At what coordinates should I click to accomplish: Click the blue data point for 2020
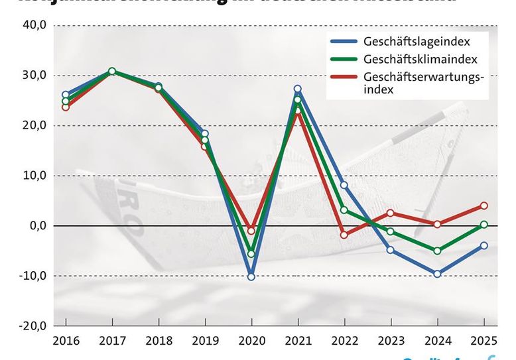251,276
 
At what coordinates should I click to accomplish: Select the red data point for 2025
484,206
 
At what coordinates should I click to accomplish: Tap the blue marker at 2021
298,89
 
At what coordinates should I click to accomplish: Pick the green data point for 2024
438,251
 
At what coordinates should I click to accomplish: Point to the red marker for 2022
344,235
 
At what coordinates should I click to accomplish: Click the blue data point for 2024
438,273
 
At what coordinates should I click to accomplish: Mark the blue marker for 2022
344,185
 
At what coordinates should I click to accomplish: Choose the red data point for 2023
391,213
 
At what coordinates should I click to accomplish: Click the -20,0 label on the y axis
32,326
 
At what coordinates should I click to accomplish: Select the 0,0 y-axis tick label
36,225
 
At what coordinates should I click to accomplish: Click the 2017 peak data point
112,71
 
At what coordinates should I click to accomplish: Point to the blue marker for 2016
66,95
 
